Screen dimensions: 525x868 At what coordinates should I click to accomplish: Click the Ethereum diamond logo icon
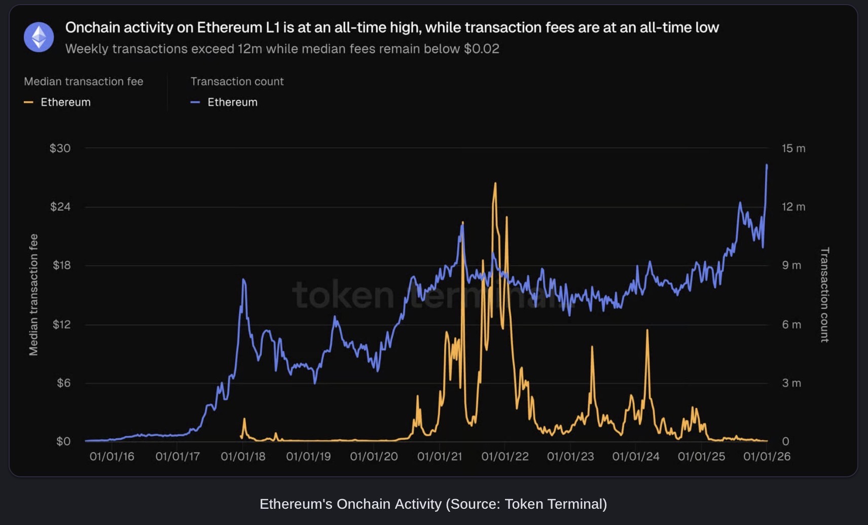[x=39, y=37]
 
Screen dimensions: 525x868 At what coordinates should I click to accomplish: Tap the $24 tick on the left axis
[x=60, y=207]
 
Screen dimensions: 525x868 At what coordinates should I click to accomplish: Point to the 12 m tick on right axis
[x=793, y=207]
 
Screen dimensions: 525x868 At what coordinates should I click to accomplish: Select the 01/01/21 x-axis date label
[x=439, y=457]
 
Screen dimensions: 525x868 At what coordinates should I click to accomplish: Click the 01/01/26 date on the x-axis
[x=767, y=457]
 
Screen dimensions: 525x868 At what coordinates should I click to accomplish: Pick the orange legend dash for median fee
[x=28, y=102]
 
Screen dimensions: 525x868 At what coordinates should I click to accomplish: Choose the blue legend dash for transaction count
[x=195, y=102]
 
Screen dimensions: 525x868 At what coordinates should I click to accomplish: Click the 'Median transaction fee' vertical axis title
[x=33, y=295]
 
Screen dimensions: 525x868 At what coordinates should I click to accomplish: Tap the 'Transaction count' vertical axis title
[x=824, y=295]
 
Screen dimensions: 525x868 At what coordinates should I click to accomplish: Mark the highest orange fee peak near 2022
[x=495, y=184]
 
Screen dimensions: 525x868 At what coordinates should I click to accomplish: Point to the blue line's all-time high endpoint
[x=767, y=165]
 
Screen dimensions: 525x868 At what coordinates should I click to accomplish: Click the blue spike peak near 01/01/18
[x=244, y=279]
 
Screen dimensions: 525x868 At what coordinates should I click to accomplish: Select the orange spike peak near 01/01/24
[x=647, y=330]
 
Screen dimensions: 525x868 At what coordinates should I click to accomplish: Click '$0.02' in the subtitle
[x=481, y=49]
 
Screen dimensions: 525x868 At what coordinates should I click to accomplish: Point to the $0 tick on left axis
[x=63, y=441]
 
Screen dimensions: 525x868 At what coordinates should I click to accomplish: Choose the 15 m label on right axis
[x=793, y=149]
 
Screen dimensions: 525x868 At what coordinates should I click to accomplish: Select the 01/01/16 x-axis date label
[x=112, y=457]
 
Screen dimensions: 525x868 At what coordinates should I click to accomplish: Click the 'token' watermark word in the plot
[x=343, y=295]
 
